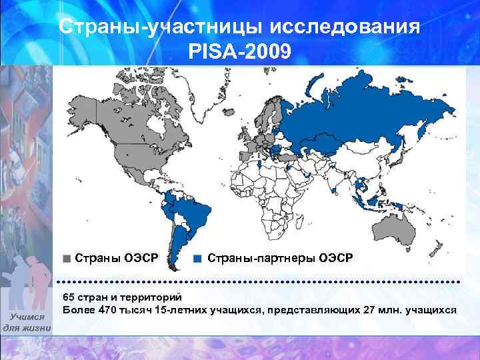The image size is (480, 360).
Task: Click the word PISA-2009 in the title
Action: click(240, 50)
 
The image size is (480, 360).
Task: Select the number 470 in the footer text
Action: click(109, 310)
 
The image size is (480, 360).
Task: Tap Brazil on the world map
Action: click(193, 213)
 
